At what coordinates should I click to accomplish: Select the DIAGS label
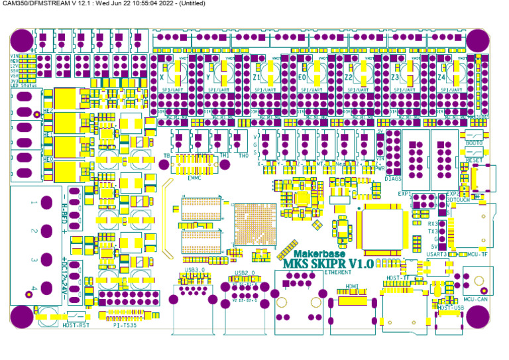click(x=394, y=178)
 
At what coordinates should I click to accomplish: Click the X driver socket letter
click(x=161, y=77)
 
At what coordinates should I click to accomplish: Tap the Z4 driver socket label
click(x=441, y=77)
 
